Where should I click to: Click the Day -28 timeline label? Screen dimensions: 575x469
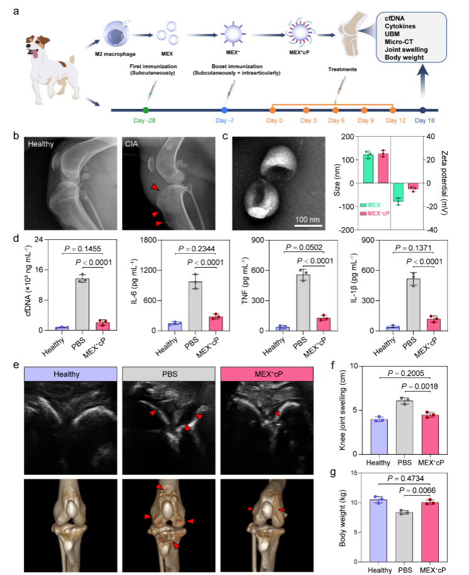145,120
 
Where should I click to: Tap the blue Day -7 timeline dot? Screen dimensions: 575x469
224,110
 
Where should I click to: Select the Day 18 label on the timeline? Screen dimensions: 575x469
422,120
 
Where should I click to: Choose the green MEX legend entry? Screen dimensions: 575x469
375,205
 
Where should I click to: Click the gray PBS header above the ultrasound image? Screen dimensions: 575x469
168,372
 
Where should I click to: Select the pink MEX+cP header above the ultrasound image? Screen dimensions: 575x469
267,372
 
